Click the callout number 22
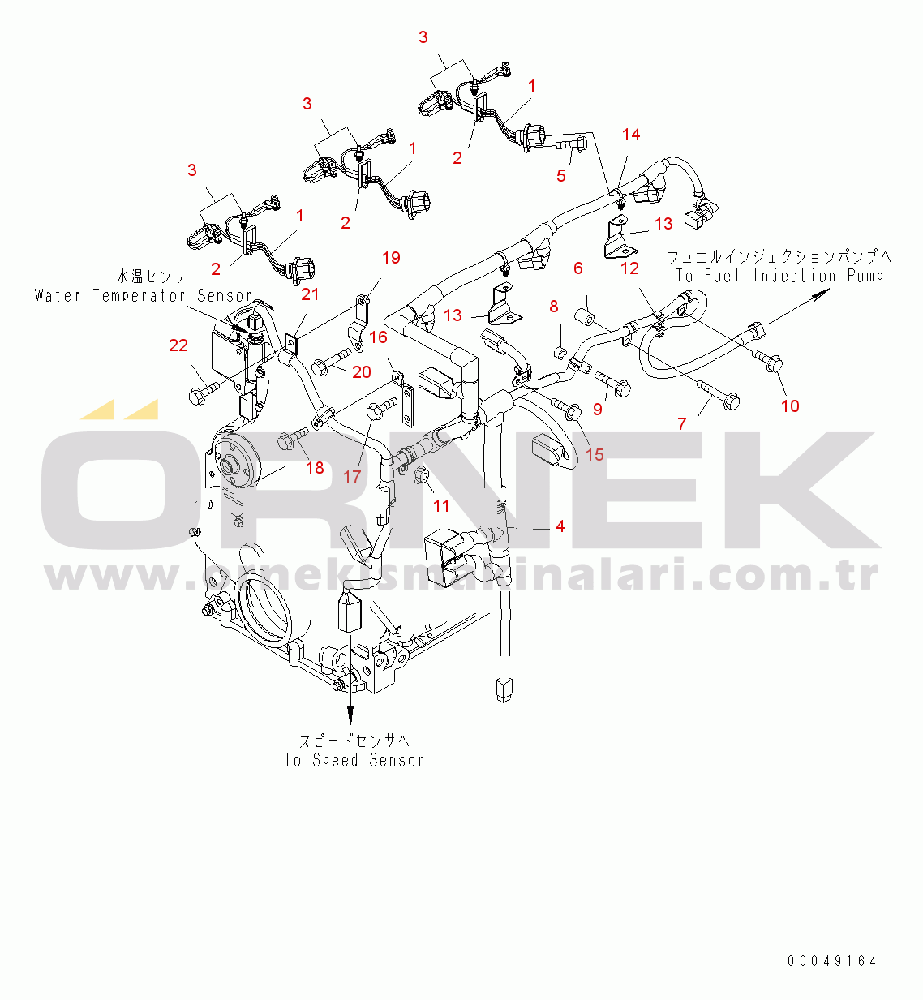pyautogui.click(x=178, y=345)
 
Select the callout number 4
pyautogui.click(x=560, y=526)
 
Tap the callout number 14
pyautogui.click(x=631, y=135)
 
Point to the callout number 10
pyautogui.click(x=790, y=406)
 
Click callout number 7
pyautogui.click(x=682, y=423)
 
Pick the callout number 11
pyautogui.click(x=441, y=506)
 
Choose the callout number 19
pyautogui.click(x=391, y=258)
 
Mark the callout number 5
pyautogui.click(x=561, y=175)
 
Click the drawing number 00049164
pyautogui.click(x=832, y=961)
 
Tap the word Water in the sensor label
pyautogui.click(x=58, y=295)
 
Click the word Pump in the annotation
pyautogui.click(x=865, y=276)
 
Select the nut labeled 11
pyautogui.click(x=421, y=474)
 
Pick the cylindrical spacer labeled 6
pyautogui.click(x=586, y=313)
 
